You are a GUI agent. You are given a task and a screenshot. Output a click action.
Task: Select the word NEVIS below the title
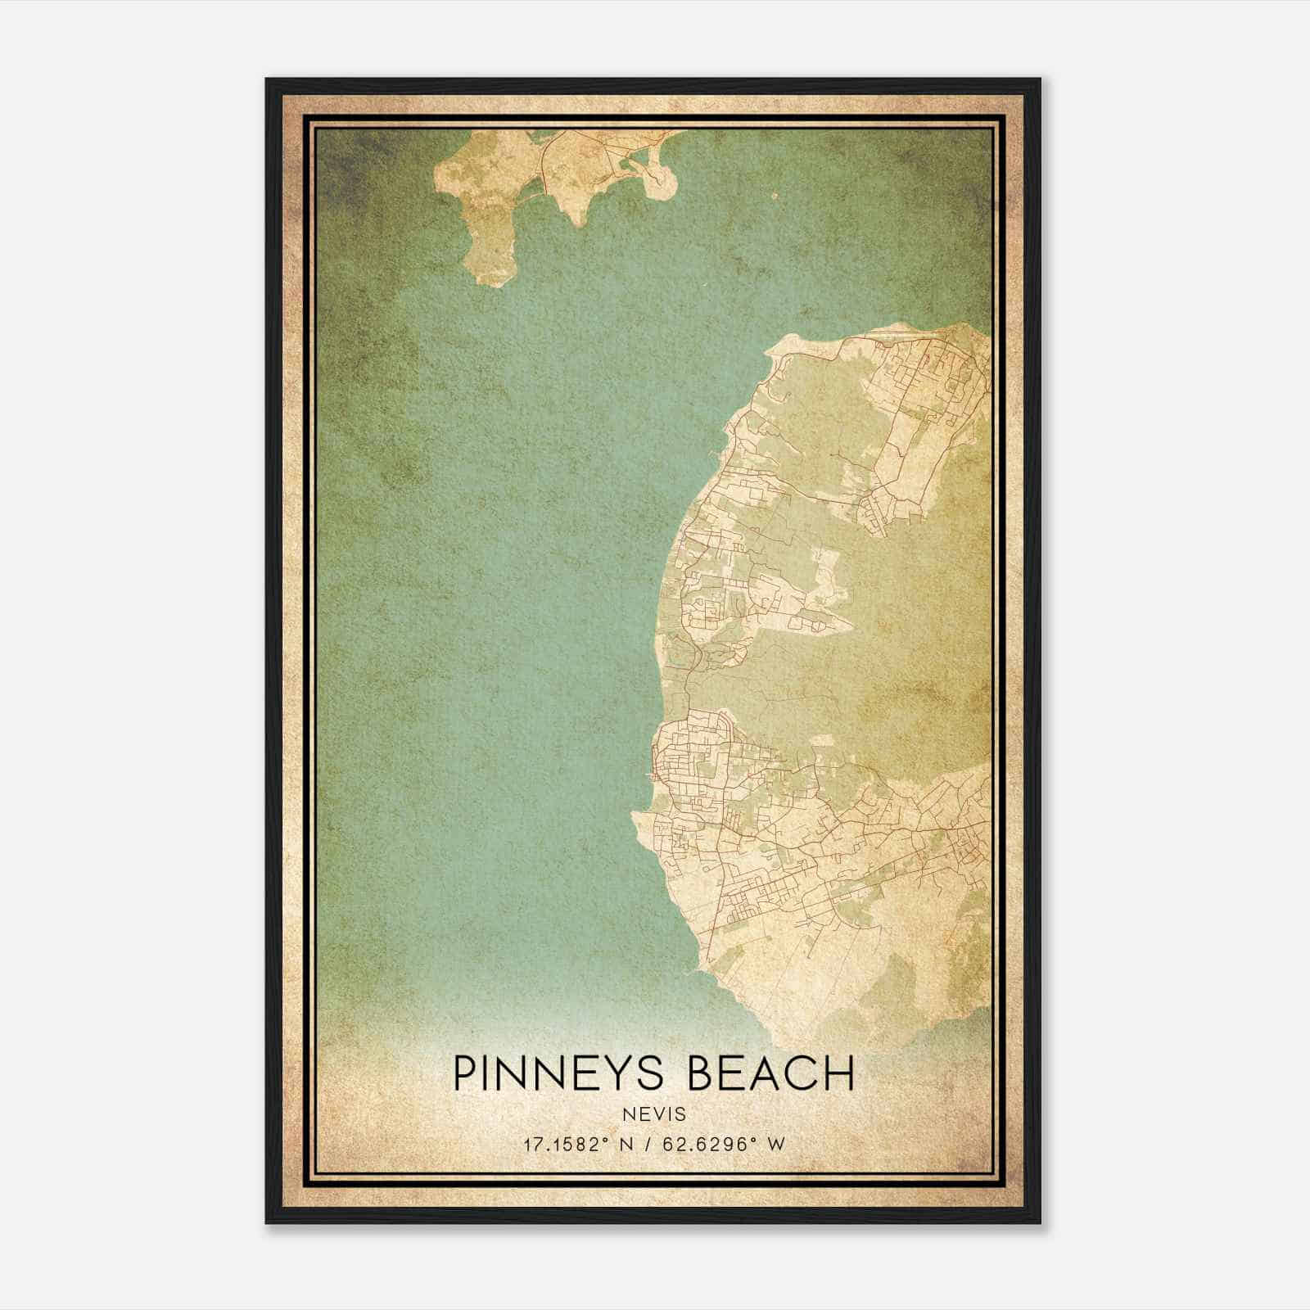[653, 1114]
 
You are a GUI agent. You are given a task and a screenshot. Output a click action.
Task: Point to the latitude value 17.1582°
[567, 1144]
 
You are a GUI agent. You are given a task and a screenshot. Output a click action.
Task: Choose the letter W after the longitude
[776, 1144]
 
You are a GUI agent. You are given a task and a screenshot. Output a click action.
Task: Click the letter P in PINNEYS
[465, 1073]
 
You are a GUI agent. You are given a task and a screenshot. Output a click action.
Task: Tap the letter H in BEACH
[838, 1073]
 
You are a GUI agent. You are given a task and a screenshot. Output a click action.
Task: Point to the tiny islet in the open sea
[774, 196]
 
